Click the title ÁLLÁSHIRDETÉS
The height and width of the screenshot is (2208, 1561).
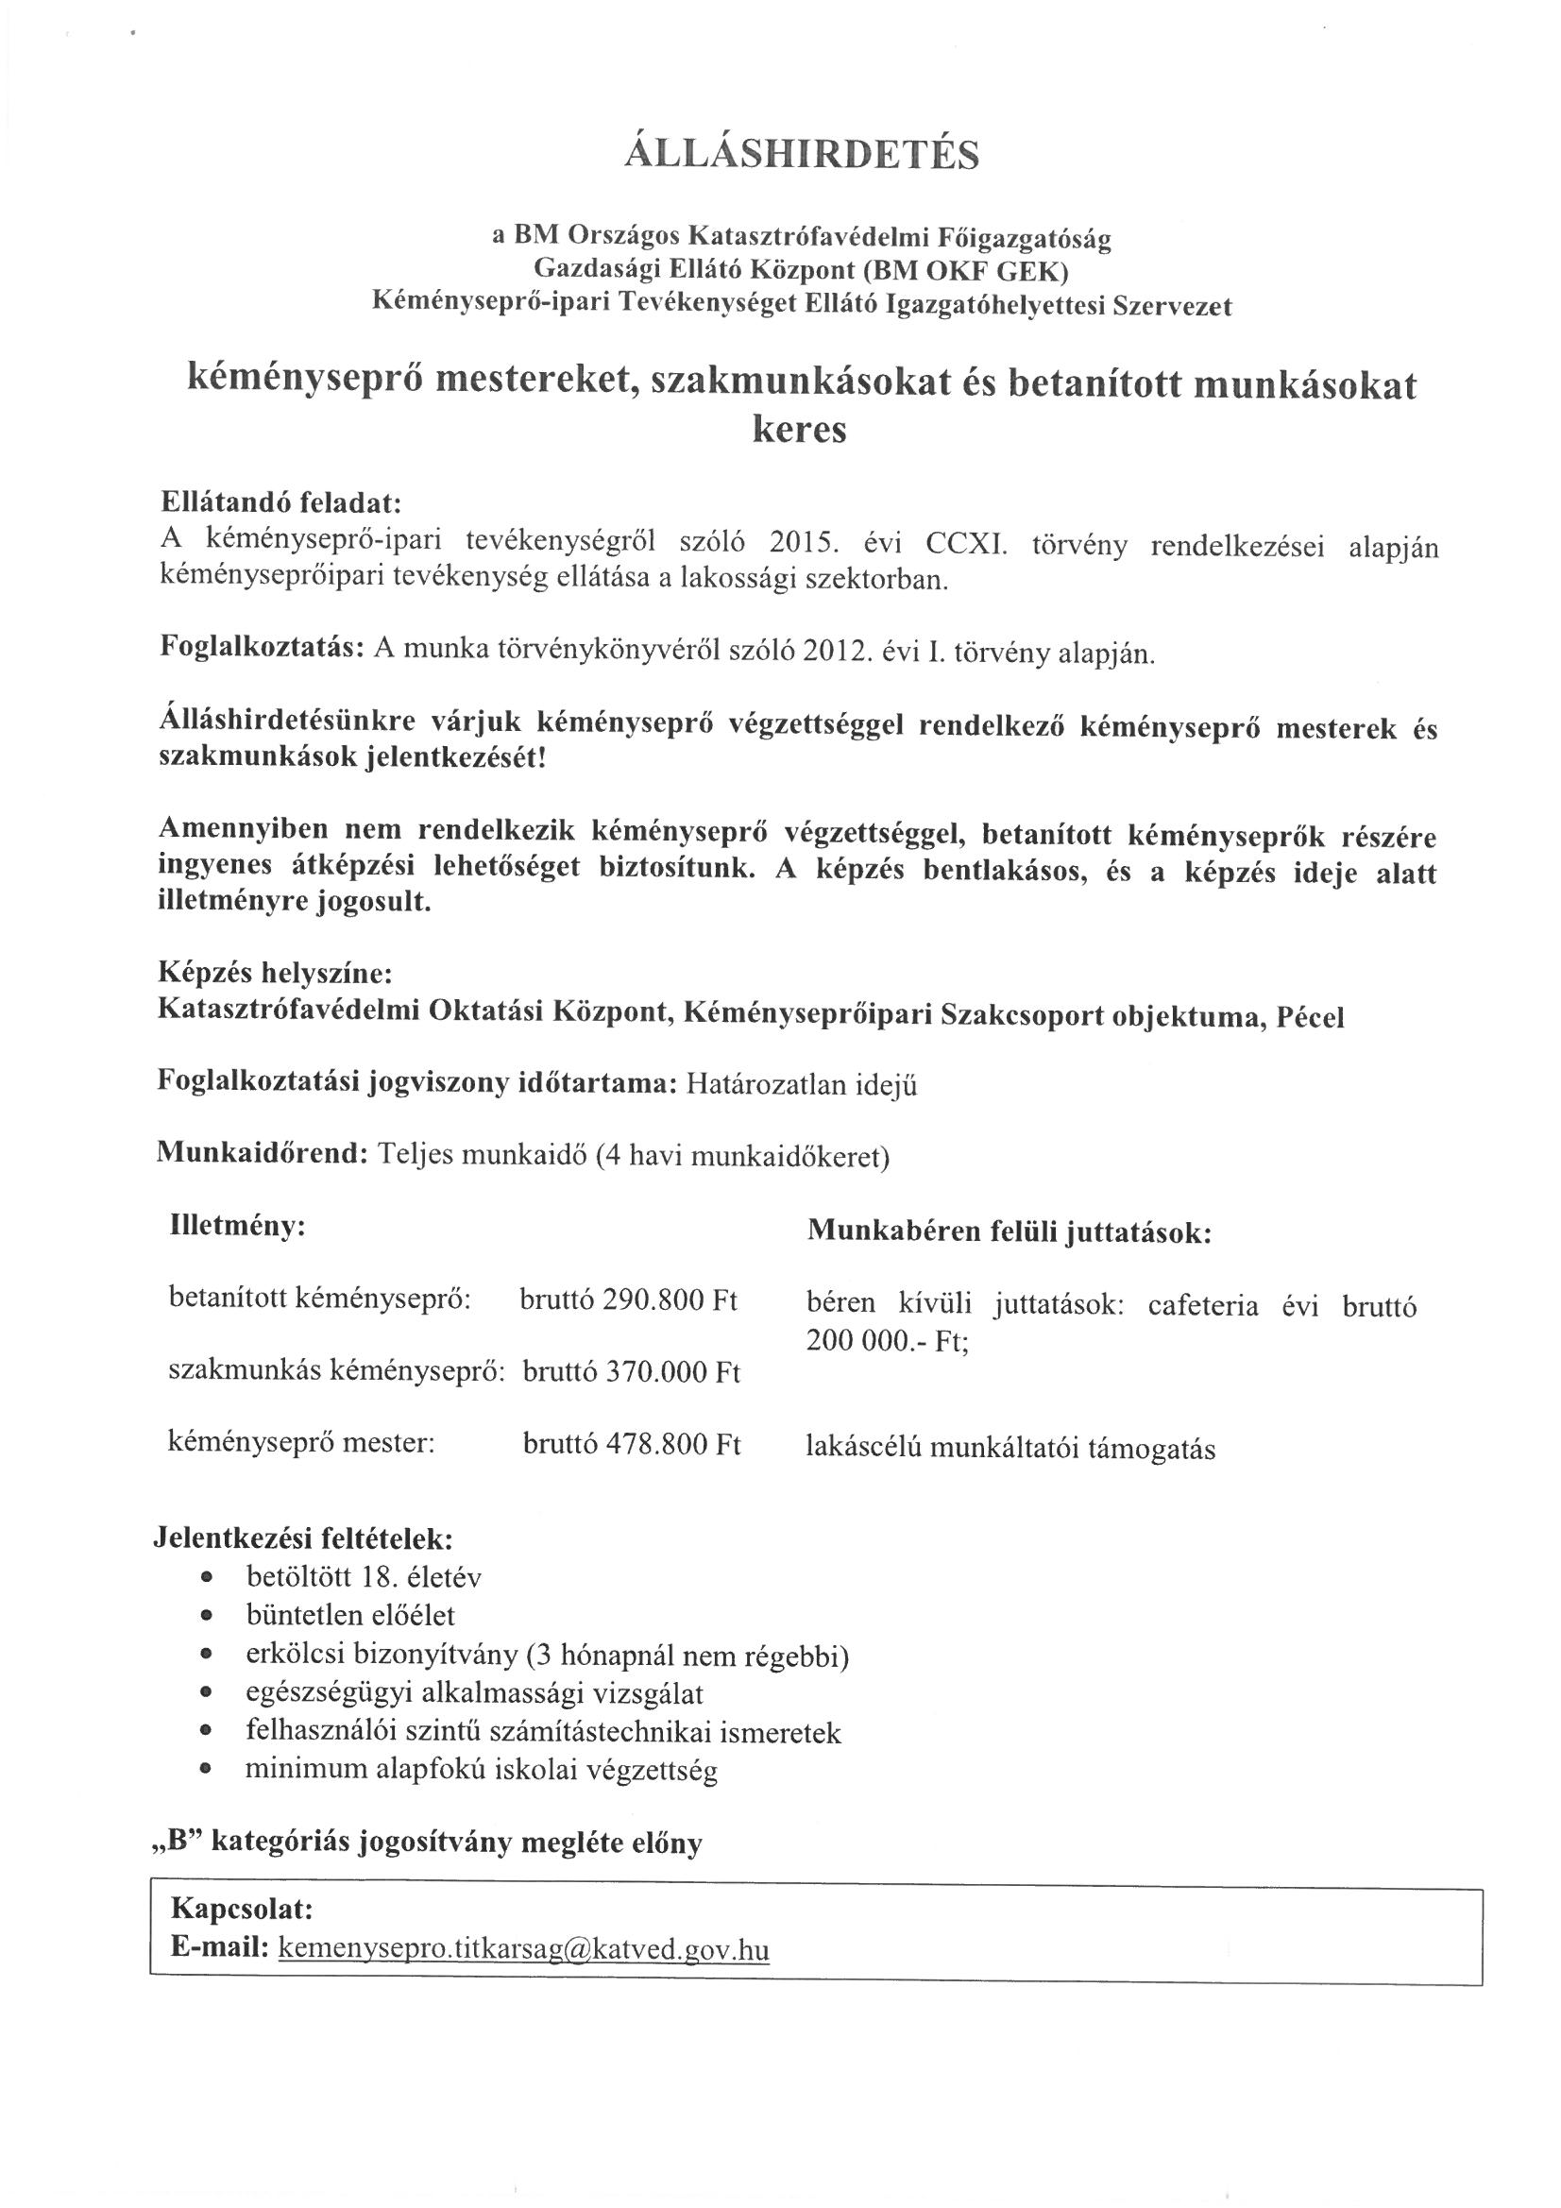coord(801,154)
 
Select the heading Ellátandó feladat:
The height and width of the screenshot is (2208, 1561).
coord(279,503)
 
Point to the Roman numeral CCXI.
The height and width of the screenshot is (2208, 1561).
coord(965,545)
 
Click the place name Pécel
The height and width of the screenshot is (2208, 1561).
coord(1309,1017)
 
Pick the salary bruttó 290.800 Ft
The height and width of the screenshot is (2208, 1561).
coord(628,1300)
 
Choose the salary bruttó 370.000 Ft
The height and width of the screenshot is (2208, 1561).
coord(631,1372)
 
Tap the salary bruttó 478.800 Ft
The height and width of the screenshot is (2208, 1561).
coord(631,1444)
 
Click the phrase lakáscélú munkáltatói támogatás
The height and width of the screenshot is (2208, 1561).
coord(1010,1450)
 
